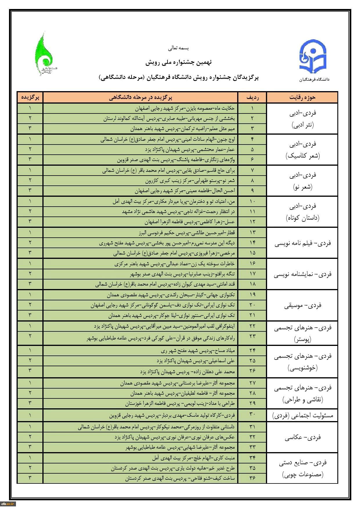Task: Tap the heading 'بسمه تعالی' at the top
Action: click(x=179, y=48)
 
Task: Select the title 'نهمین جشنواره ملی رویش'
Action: click(x=179, y=62)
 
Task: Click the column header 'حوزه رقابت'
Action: click(x=302, y=97)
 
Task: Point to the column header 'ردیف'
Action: click(x=252, y=97)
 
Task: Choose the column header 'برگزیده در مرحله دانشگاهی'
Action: click(x=141, y=97)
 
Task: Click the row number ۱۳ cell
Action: click(x=252, y=232)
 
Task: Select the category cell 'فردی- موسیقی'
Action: click(x=302, y=305)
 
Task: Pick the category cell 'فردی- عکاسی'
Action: click(x=302, y=437)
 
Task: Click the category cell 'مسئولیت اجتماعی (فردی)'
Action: click(x=302, y=415)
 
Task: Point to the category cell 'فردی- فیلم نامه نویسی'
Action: click(x=302, y=243)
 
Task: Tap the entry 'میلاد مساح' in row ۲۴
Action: click(x=197, y=351)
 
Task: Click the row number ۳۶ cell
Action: click(x=252, y=478)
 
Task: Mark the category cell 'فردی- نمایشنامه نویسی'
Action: click(x=302, y=274)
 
